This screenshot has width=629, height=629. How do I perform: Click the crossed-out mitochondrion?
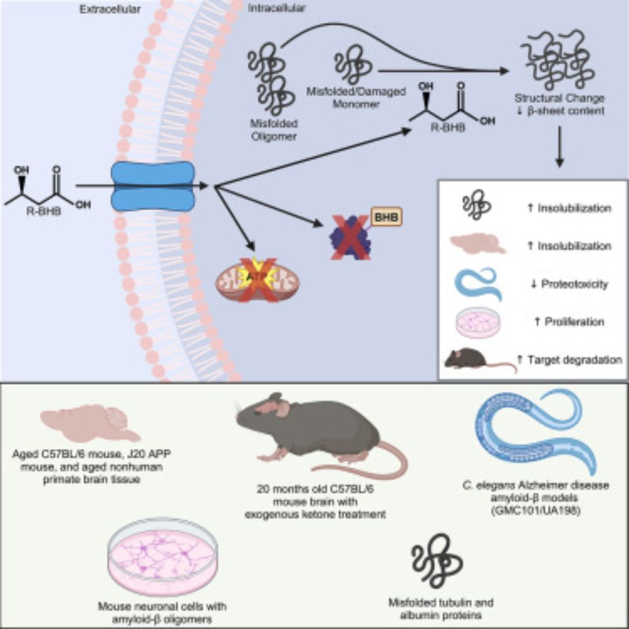258,279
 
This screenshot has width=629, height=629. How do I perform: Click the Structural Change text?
559,99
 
